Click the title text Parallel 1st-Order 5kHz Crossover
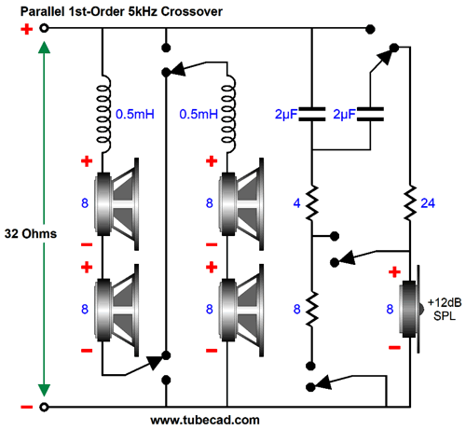pyautogui.click(x=121, y=11)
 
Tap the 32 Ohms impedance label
pyautogui.click(x=31, y=233)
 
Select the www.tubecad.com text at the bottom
pyautogui.click(x=205, y=420)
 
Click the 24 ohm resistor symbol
pyautogui.click(x=410, y=203)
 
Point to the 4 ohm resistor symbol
pyautogui.click(x=312, y=203)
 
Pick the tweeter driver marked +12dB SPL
pyautogui.click(x=411, y=309)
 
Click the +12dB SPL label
pyautogui.click(x=445, y=309)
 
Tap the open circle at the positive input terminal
pyautogui.click(x=44, y=28)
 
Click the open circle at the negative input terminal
pyautogui.click(x=44, y=407)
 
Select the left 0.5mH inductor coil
pyautogui.click(x=103, y=114)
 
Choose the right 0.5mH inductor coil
pyautogui.click(x=227, y=114)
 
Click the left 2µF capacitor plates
pyautogui.click(x=312, y=114)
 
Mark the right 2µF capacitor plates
pyautogui.click(x=370, y=114)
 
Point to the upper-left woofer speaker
pyautogui.click(x=116, y=203)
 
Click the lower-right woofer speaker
pyautogui.click(x=241, y=310)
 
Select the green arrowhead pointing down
pyautogui.click(x=44, y=390)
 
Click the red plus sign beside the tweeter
pyautogui.click(x=394, y=272)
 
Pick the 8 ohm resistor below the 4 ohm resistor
pyautogui.click(x=312, y=309)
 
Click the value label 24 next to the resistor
pyautogui.click(x=428, y=203)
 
